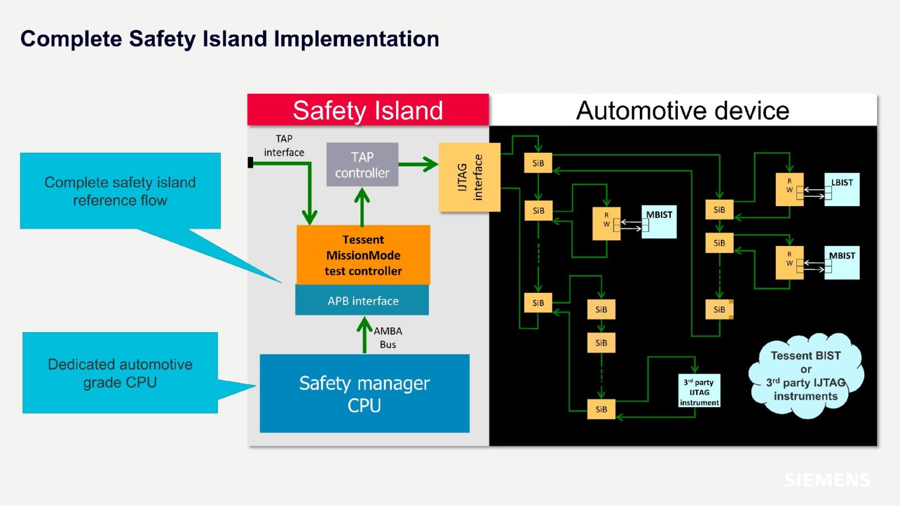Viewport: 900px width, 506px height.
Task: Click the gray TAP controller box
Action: (x=362, y=165)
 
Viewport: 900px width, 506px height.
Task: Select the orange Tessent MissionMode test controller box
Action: (x=363, y=255)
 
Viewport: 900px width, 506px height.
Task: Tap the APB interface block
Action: (x=362, y=300)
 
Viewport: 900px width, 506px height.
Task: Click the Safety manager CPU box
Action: (x=364, y=394)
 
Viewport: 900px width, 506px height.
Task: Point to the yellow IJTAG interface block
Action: (x=469, y=177)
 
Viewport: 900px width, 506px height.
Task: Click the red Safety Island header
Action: (x=367, y=110)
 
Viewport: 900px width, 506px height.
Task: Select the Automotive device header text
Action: (x=683, y=110)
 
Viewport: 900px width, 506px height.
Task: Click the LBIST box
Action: (x=842, y=189)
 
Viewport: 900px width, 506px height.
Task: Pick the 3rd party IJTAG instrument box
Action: (x=699, y=392)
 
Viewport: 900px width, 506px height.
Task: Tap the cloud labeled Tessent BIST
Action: (x=806, y=375)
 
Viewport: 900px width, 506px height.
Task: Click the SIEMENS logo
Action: (x=827, y=480)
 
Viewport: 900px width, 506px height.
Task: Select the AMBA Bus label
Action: (x=387, y=337)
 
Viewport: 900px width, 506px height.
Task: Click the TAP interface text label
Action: (x=284, y=145)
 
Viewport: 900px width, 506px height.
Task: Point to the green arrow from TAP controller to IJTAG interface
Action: (x=418, y=165)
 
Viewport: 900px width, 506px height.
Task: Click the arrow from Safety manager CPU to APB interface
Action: (x=364, y=335)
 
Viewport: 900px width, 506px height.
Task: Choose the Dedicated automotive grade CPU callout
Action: (x=120, y=373)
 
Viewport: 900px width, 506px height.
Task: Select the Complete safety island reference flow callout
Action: (x=120, y=191)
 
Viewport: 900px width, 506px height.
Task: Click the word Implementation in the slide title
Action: (x=356, y=39)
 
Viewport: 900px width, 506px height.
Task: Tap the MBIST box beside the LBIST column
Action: (x=842, y=262)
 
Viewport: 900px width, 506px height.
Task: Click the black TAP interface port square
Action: (x=250, y=163)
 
